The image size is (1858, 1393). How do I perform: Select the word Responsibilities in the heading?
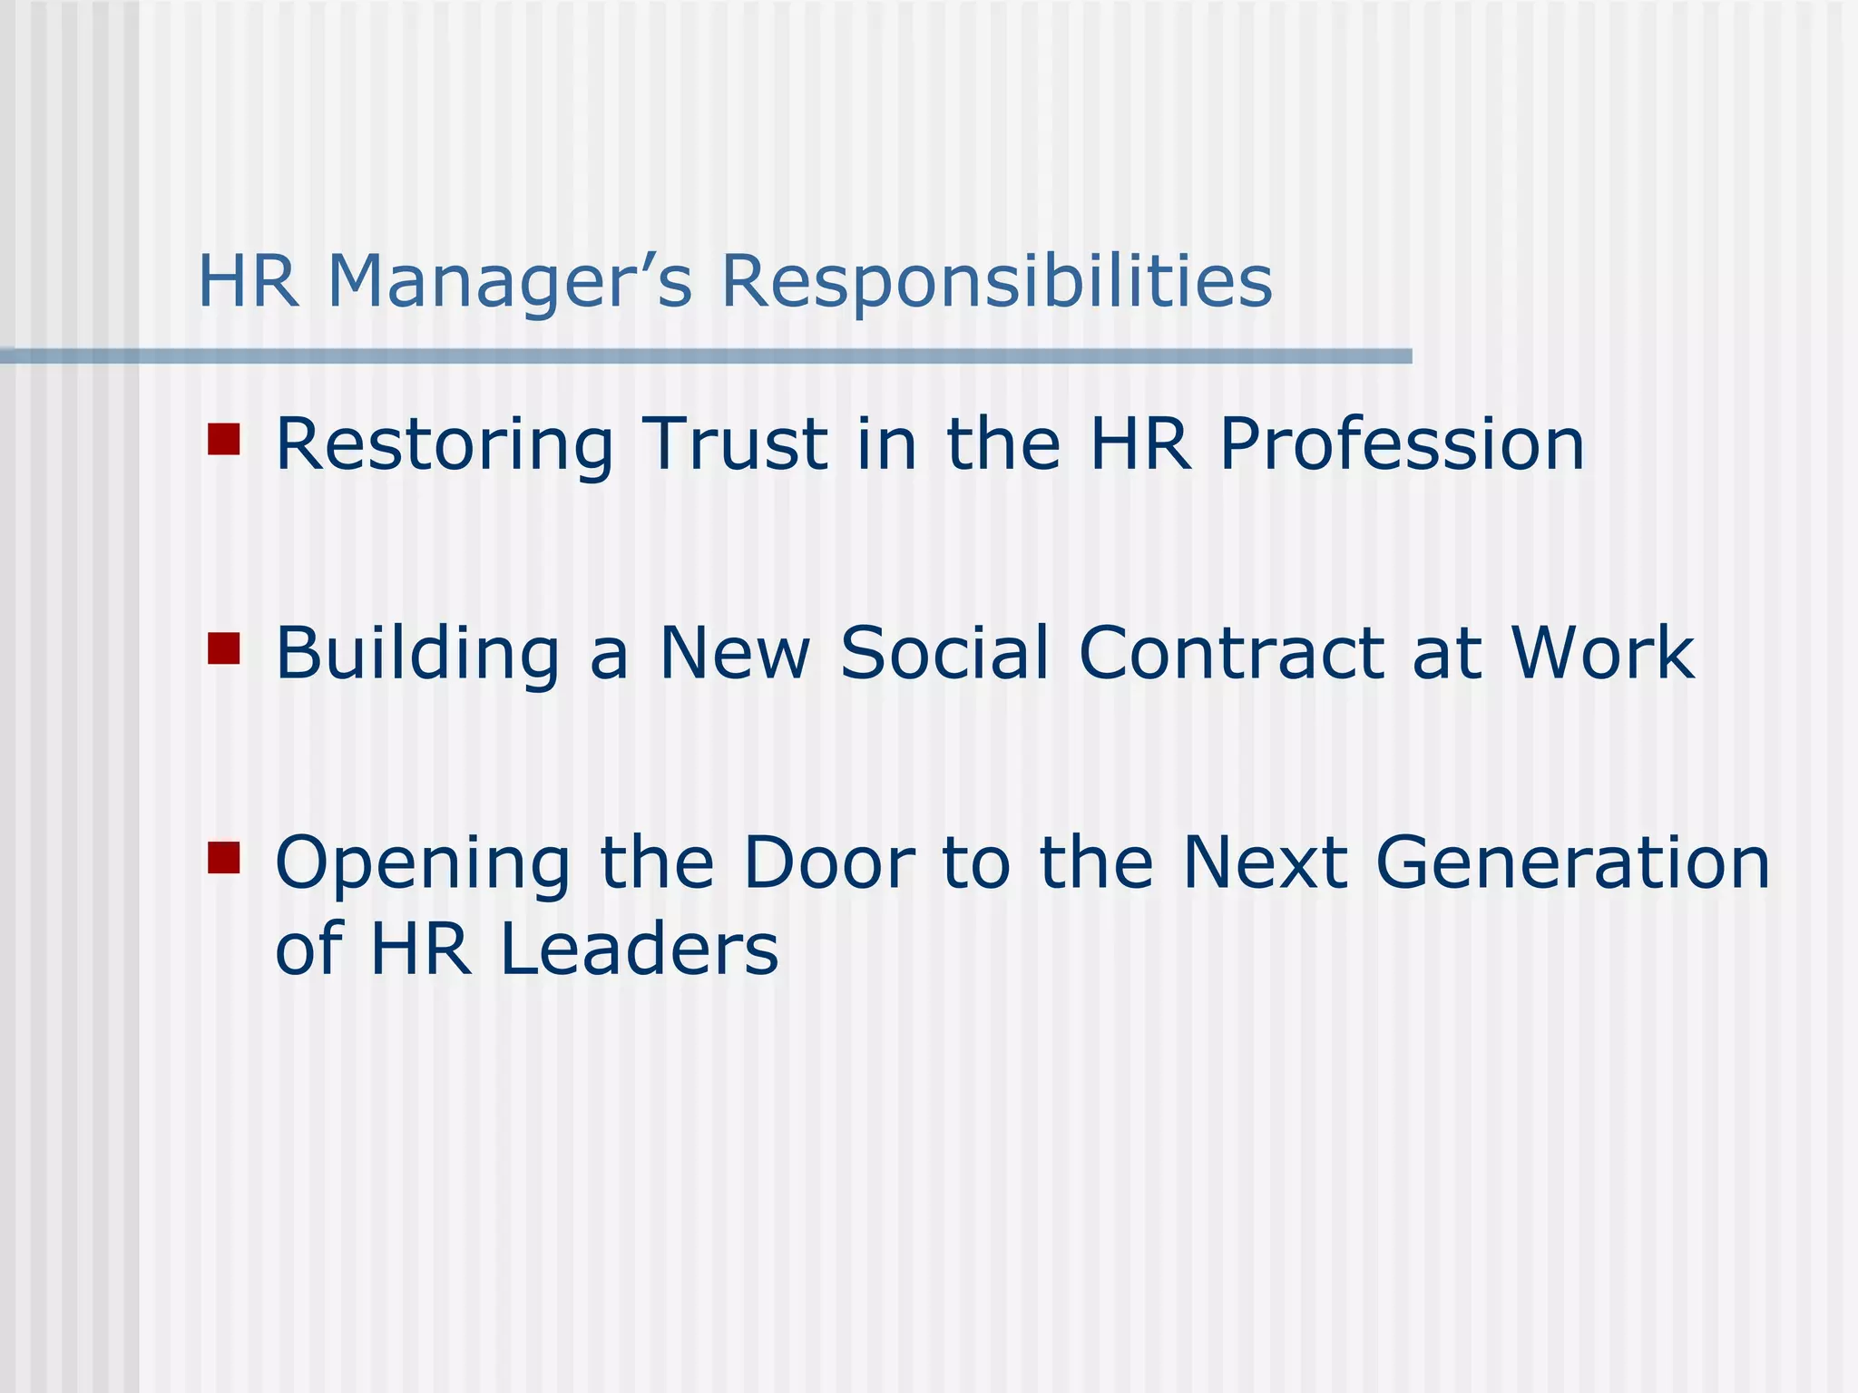(x=996, y=281)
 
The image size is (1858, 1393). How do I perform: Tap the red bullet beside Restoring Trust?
(x=223, y=439)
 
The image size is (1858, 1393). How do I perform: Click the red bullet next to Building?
(x=223, y=648)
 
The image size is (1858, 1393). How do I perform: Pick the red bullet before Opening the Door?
(x=223, y=857)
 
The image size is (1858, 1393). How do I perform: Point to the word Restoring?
(x=445, y=444)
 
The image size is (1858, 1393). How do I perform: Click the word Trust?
(x=734, y=444)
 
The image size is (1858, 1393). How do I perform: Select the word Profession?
(x=1401, y=444)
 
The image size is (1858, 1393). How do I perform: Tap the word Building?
(x=417, y=653)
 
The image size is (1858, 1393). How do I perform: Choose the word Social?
(x=944, y=653)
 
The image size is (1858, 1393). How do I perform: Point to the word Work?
(x=1602, y=653)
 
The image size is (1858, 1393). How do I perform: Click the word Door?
(x=828, y=862)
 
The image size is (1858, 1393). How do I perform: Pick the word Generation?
(x=1572, y=862)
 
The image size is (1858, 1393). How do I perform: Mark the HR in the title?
(x=248, y=281)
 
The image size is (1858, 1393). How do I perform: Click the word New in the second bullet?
(x=733, y=653)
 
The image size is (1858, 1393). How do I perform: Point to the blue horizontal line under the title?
(x=706, y=356)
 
